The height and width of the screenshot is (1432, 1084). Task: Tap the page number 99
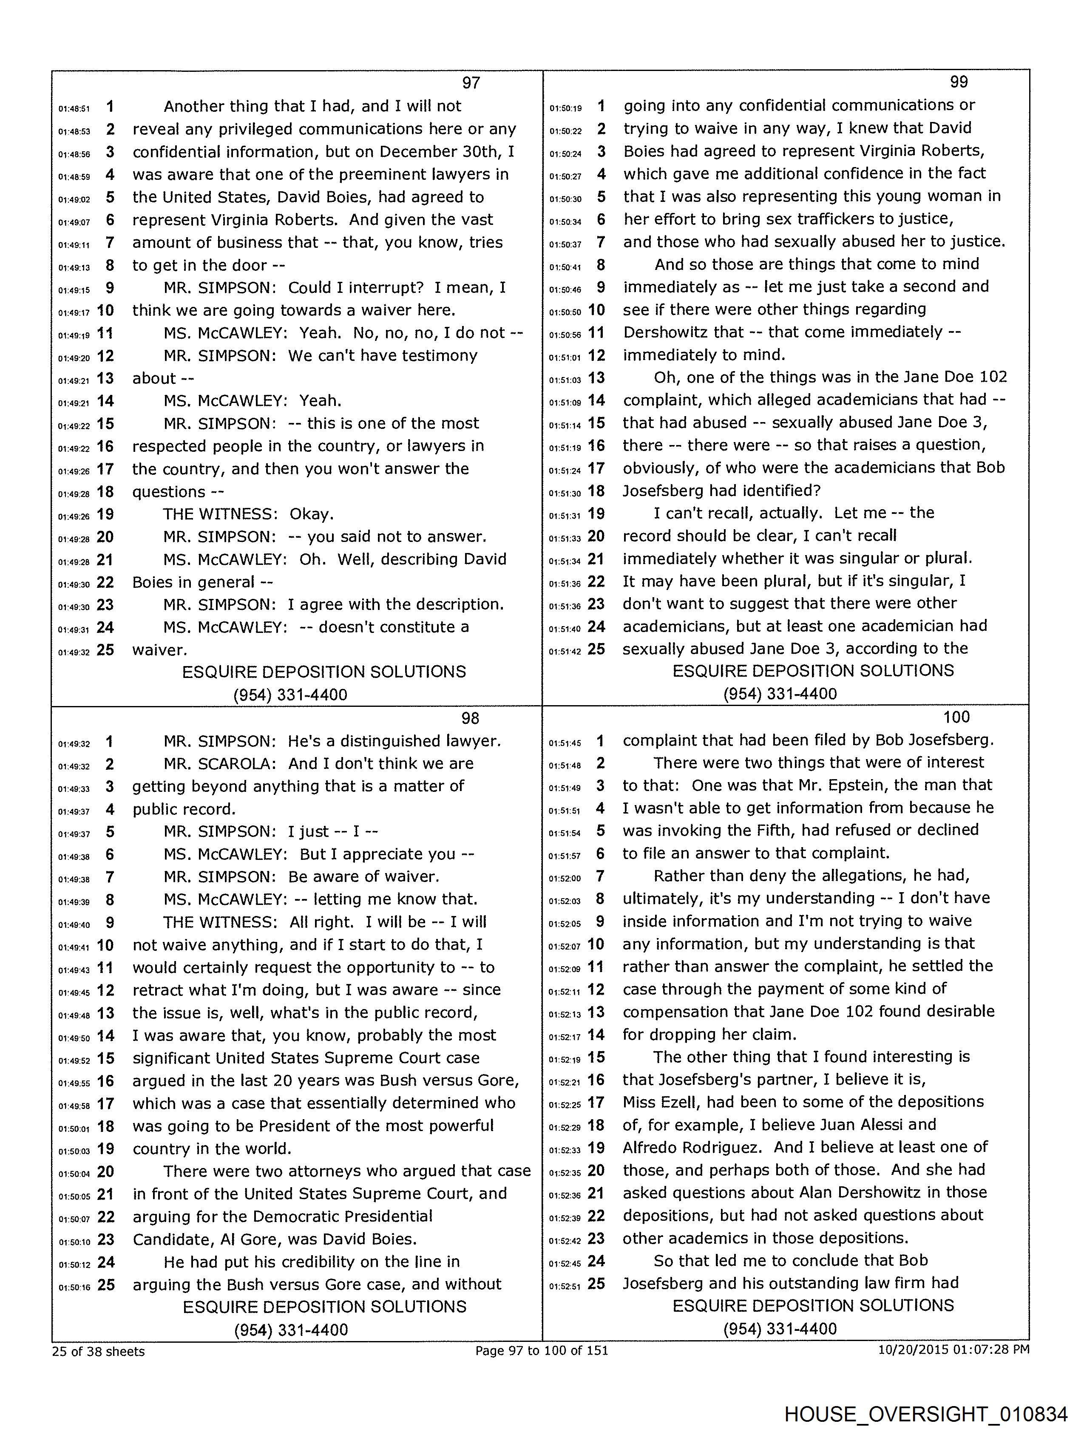958,82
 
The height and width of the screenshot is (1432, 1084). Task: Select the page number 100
956,717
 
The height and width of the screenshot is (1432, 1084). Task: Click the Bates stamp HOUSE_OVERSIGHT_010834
925,1413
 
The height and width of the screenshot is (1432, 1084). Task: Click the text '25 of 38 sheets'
99,1351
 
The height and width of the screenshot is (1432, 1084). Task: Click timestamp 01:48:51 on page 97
74,109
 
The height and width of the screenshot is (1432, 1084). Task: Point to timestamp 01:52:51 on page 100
565,1286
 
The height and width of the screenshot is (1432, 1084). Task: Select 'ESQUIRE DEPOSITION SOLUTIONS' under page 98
324,1307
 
